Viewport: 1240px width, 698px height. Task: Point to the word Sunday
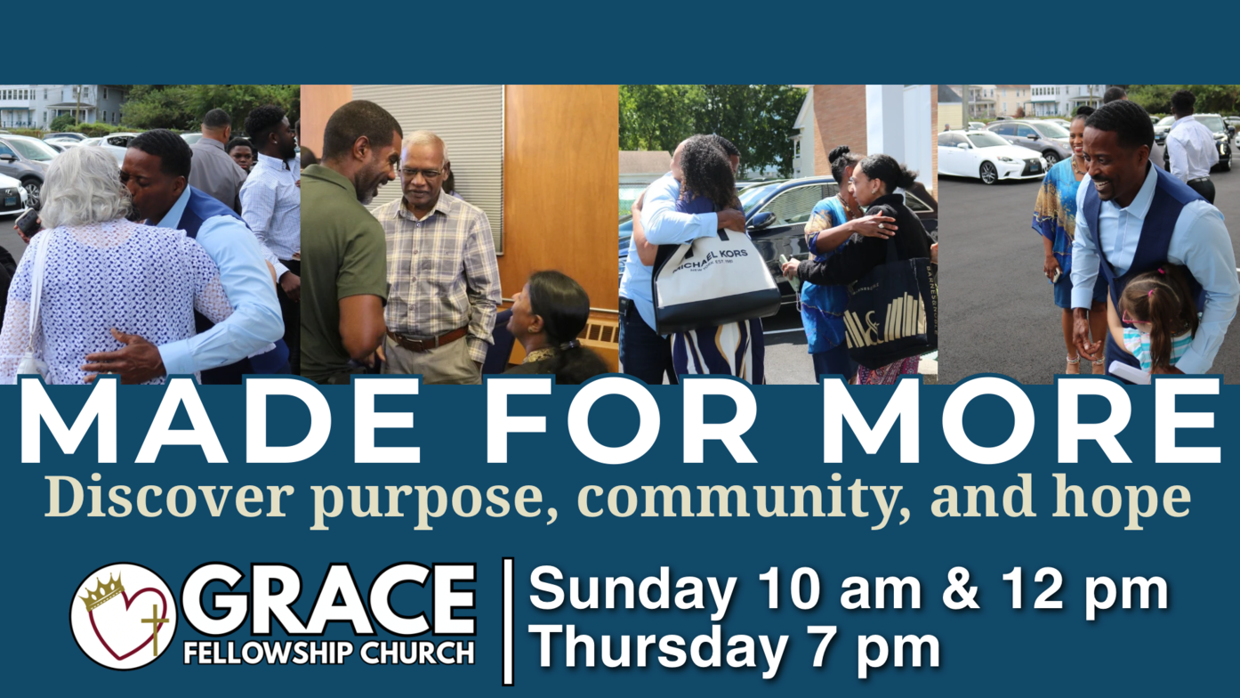pos(632,591)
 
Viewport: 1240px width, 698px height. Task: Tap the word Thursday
pos(658,645)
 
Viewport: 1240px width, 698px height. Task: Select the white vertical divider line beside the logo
pos(508,621)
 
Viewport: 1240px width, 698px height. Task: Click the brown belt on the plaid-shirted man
pos(427,338)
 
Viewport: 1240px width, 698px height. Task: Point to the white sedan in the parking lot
pos(992,157)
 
